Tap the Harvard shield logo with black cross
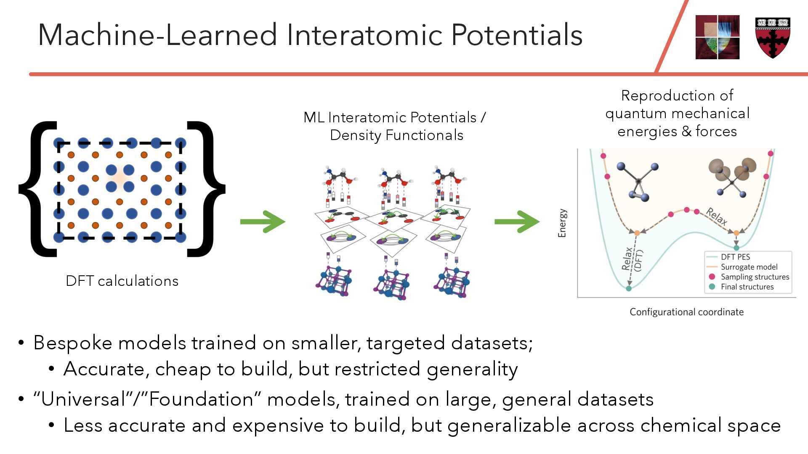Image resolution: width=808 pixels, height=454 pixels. coord(773,37)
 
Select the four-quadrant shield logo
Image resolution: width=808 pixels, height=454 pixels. coord(717,37)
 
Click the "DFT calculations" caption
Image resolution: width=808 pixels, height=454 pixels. coord(122,281)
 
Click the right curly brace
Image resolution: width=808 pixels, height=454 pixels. coord(206,189)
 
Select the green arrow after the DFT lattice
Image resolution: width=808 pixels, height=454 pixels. coord(263,222)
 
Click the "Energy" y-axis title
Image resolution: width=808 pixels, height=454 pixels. coord(562,223)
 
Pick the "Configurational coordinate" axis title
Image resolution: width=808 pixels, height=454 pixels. coord(686,312)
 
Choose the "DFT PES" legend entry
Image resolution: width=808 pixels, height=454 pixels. coord(735,257)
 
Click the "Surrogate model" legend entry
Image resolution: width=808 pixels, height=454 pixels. coord(749,267)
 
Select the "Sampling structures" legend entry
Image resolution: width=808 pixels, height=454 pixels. coord(755,277)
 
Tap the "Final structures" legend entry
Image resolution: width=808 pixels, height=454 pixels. coord(747,287)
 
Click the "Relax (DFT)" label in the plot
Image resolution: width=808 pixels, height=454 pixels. coord(633,260)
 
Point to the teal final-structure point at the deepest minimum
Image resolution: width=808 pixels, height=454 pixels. coord(629,288)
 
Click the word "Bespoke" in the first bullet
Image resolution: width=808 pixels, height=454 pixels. coord(73,343)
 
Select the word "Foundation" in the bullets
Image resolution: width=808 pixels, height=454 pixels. coord(201,399)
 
